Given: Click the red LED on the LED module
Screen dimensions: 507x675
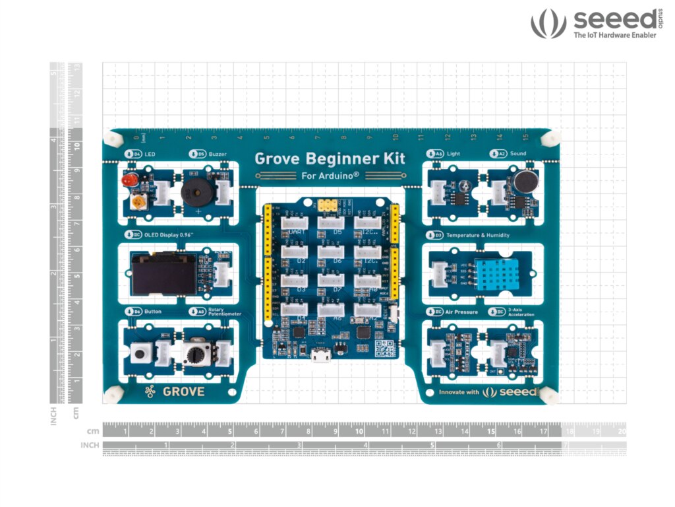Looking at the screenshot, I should point(128,180).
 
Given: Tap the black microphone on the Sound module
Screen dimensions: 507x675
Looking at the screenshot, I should point(524,181).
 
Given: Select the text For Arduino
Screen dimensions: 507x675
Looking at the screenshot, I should point(330,176).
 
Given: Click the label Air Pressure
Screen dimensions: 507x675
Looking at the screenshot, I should point(461,311).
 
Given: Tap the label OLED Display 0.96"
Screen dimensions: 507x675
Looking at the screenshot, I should point(162,234).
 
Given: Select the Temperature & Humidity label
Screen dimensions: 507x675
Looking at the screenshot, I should point(477,234).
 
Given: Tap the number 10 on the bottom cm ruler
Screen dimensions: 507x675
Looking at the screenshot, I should point(359,430).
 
